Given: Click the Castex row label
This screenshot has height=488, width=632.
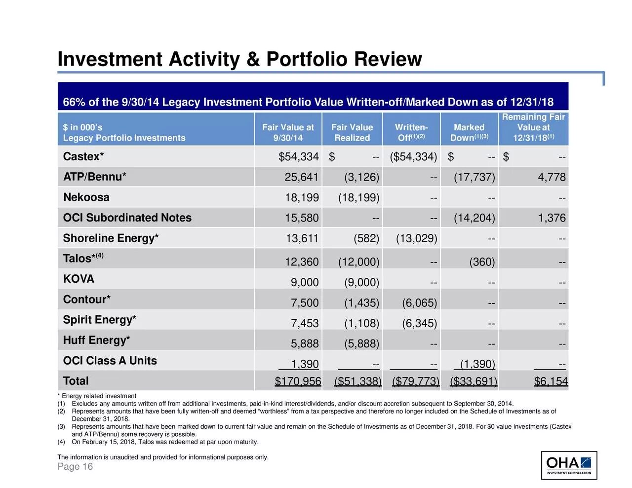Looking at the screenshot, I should click(83, 156).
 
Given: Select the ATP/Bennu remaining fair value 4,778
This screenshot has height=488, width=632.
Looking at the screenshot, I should click(552, 177).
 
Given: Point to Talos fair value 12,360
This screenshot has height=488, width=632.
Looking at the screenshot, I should click(302, 262).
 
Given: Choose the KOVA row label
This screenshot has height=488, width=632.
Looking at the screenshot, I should click(79, 279).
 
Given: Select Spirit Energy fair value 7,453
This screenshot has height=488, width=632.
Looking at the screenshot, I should click(305, 324).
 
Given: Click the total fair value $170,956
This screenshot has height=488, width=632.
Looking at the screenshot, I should click(298, 381).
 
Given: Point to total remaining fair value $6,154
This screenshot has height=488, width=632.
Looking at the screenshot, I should click(551, 381).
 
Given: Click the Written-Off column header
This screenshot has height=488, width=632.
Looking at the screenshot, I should click(411, 132).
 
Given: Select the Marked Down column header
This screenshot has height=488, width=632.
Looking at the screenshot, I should click(469, 132).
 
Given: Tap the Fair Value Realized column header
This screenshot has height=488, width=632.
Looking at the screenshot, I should click(352, 132).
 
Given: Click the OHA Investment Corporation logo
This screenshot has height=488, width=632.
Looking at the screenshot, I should click(569, 465).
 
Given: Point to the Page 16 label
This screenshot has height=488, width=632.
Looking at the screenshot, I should click(75, 467).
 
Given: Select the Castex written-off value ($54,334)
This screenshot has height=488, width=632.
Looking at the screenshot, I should click(413, 157).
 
